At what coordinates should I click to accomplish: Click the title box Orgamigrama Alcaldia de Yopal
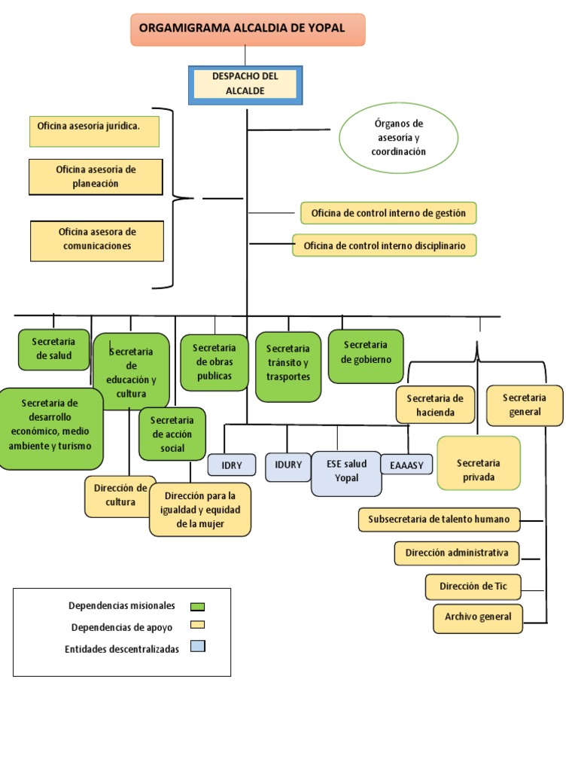tap(248, 29)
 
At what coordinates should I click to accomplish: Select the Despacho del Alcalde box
tap(245, 84)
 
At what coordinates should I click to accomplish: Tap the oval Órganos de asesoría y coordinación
tap(398, 138)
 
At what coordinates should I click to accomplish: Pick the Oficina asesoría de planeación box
tap(96, 177)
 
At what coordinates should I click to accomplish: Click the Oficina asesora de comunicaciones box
tap(97, 239)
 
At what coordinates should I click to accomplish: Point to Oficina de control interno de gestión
tap(388, 213)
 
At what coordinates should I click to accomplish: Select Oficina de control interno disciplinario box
tap(384, 245)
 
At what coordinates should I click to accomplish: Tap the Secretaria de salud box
tap(53, 349)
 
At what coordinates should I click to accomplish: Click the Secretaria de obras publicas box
tap(214, 362)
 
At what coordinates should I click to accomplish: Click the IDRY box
tap(232, 465)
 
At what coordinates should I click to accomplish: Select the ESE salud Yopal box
tap(346, 472)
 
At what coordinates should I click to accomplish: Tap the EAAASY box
tap(407, 465)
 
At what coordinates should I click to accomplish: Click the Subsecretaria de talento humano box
tap(439, 520)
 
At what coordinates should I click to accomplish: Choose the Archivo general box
tap(478, 617)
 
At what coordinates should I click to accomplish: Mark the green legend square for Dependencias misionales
tap(198, 606)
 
